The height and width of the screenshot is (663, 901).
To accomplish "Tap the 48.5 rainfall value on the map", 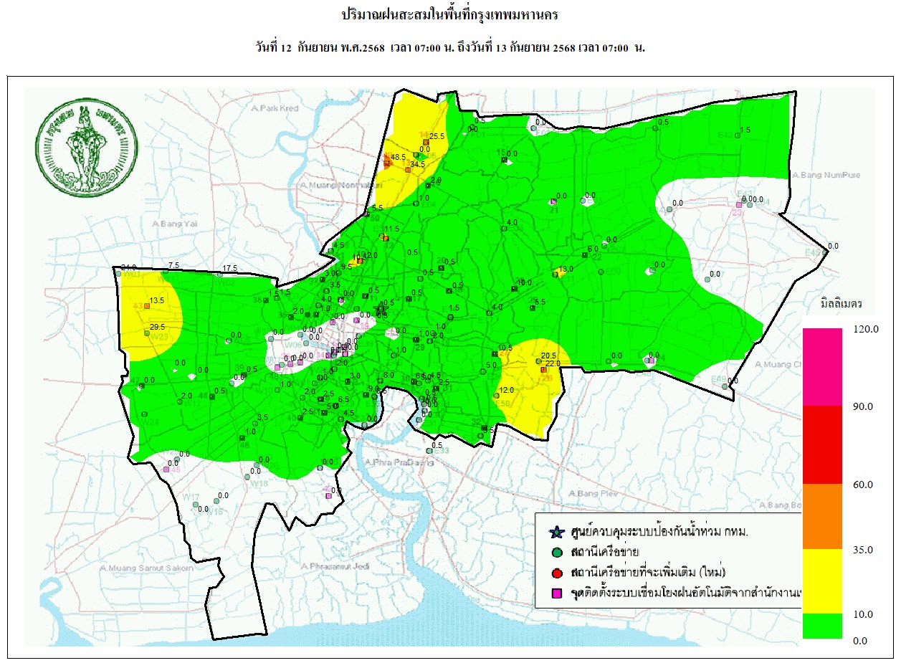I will coord(399,157).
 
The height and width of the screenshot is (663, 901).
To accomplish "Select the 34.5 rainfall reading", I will coord(418,164).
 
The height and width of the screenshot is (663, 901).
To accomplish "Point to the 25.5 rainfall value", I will coord(437,136).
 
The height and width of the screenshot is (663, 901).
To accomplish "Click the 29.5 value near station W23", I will coord(158,327).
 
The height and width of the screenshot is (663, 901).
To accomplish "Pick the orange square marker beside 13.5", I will coord(147,306).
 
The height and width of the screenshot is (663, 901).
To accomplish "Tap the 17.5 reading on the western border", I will coord(230,268).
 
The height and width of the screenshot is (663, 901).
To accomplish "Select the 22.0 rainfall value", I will coord(553,363).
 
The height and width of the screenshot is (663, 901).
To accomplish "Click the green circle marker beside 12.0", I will coord(496,396).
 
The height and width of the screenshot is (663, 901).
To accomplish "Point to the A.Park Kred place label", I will coord(275,108).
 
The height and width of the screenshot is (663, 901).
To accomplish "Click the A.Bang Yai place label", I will coord(175,224).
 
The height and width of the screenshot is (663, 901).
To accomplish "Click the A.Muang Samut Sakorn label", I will coord(147,568).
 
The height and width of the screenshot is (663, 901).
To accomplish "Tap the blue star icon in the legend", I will coord(556,532).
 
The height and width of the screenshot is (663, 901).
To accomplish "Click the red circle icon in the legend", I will coord(556,573).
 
